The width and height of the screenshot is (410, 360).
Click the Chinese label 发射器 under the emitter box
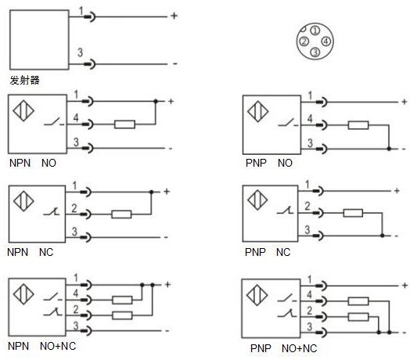(24, 80)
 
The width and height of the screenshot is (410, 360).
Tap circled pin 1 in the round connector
(315, 31)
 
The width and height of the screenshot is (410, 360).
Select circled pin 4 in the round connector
(326, 41)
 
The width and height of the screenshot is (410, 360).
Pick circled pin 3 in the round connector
(315, 52)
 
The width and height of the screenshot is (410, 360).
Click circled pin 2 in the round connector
(304, 41)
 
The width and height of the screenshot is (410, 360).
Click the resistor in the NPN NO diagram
(124, 124)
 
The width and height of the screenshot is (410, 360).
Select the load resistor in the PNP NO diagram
(358, 125)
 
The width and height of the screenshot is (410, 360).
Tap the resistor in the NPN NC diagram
(121, 214)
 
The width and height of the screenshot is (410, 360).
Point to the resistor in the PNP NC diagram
(353, 213)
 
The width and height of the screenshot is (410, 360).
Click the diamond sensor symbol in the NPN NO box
(23, 110)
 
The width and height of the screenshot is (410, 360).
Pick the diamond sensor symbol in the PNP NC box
(257, 200)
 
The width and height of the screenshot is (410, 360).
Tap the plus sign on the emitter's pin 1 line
(174, 16)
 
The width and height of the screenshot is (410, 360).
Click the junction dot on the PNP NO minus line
(389, 149)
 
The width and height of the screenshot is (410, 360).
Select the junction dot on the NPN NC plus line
(151, 192)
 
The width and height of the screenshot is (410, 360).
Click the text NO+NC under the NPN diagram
(58, 346)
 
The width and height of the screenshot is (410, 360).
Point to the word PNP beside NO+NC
(261, 348)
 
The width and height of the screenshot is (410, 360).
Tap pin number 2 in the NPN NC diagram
(74, 208)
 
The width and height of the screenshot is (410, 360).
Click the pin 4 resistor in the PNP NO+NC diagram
(358, 301)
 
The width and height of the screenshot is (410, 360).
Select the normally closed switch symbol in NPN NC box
(52, 211)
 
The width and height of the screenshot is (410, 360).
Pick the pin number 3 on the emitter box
(80, 52)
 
